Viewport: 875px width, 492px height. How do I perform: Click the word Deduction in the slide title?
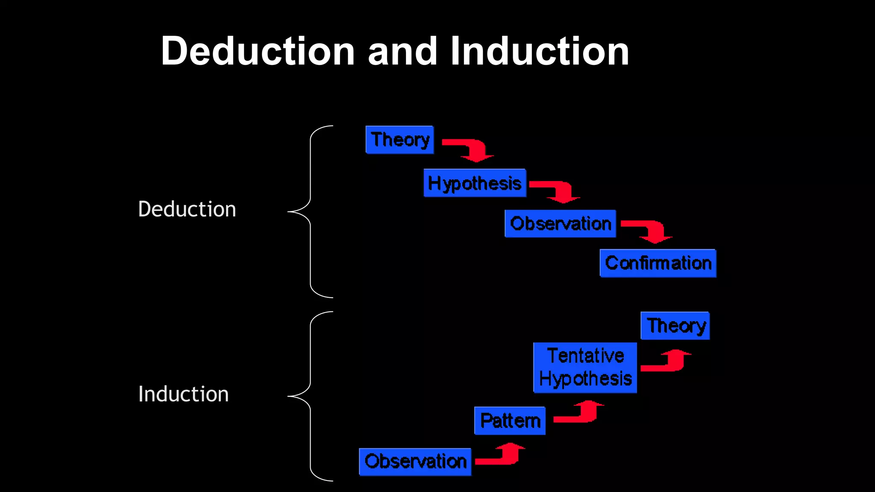point(258,51)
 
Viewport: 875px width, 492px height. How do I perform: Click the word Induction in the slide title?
point(539,51)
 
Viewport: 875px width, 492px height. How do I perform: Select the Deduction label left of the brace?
point(187,209)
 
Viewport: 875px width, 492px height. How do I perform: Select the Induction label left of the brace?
point(183,394)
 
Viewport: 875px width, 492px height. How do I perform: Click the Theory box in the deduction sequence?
point(400,140)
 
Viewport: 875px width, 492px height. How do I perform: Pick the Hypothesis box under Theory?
point(475,183)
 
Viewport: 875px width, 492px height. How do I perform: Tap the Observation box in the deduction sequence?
point(560,223)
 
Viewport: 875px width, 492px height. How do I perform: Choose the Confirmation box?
point(658,263)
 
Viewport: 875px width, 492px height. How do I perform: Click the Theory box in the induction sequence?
point(675,326)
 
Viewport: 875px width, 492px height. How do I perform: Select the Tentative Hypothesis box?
point(585,367)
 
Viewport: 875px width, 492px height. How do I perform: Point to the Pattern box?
point(510,421)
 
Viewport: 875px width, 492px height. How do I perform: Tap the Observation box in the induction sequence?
point(415,462)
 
